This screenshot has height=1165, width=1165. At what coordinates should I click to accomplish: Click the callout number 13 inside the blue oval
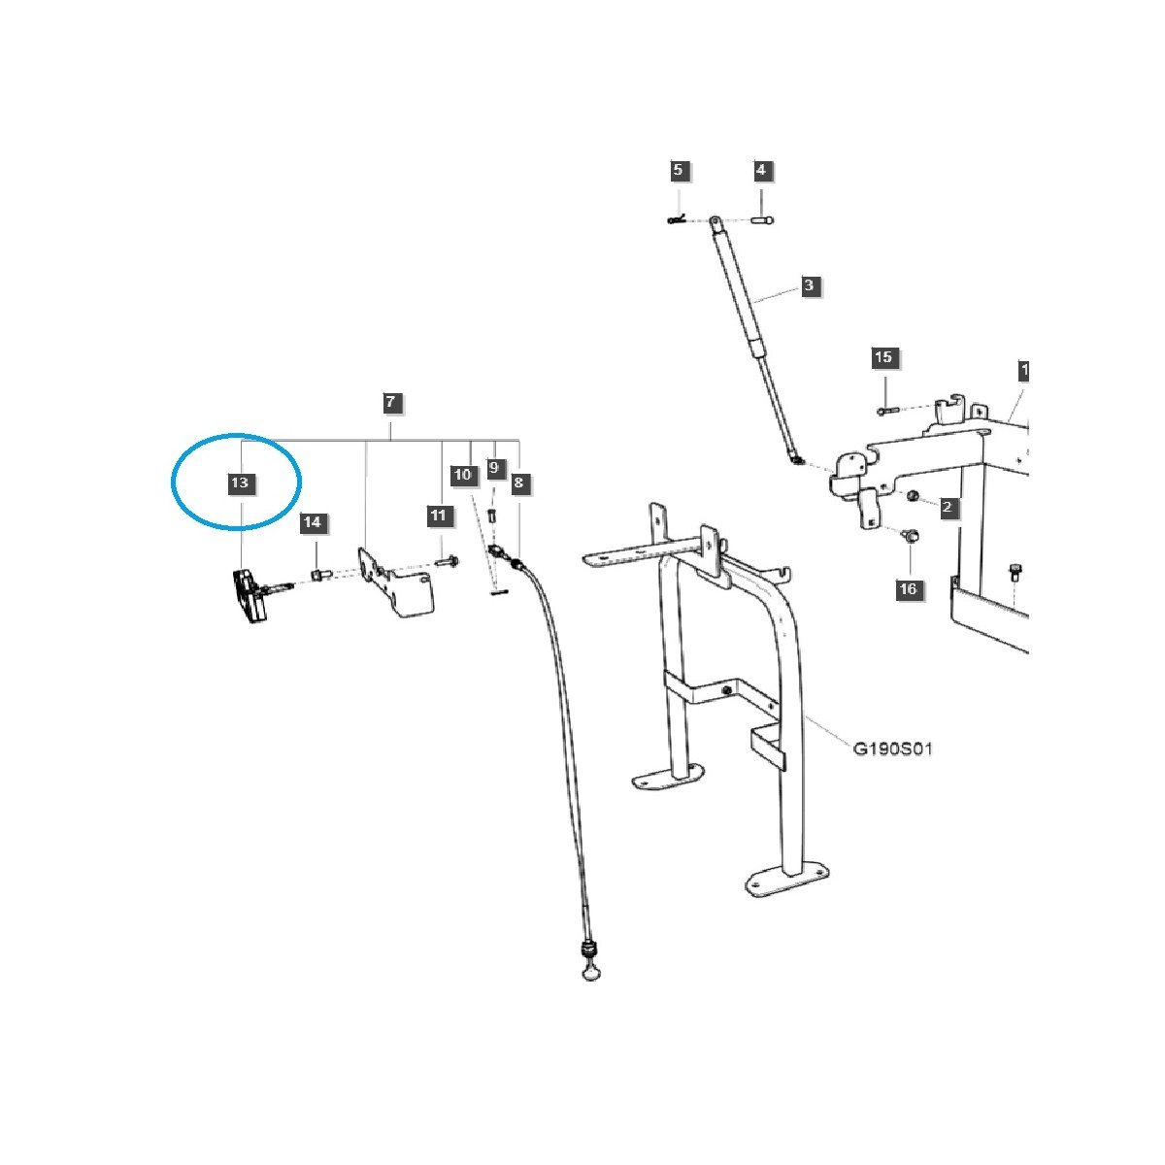tap(240, 483)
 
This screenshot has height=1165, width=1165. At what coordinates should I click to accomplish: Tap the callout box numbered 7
tap(390, 402)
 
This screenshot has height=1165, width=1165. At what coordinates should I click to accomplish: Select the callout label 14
tap(312, 523)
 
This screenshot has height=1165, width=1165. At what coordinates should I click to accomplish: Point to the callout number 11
tap(438, 516)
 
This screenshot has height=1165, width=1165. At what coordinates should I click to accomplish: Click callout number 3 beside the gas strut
tap(809, 286)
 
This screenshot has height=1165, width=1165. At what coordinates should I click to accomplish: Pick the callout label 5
tap(678, 171)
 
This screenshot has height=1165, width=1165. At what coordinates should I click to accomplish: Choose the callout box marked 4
tap(761, 171)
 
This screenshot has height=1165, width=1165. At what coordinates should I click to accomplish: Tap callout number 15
tap(883, 358)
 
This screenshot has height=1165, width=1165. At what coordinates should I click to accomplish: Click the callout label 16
tap(908, 589)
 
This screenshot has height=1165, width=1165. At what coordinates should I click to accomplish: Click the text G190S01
tap(893, 749)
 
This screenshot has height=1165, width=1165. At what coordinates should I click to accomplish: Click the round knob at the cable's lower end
tap(591, 971)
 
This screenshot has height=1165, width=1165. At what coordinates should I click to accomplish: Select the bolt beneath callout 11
tap(449, 561)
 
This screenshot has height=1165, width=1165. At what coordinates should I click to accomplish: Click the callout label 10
tap(463, 475)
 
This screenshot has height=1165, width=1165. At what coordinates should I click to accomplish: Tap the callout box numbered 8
tap(519, 483)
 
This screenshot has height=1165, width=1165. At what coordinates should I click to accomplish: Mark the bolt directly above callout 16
tap(910, 535)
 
